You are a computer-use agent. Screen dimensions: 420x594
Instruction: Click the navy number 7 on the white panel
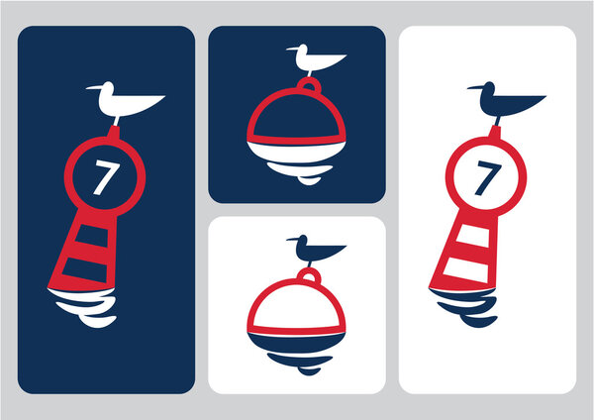[x=483, y=178]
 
